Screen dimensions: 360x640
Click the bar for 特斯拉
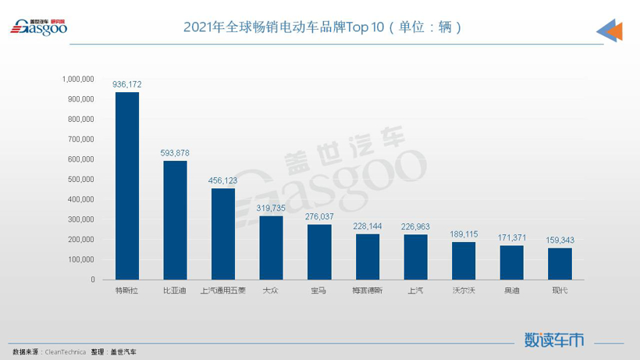click(x=126, y=186)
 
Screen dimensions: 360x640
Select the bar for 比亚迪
click(x=175, y=220)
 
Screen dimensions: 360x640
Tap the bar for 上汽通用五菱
click(x=222, y=233)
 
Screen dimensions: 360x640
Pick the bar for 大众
click(x=271, y=248)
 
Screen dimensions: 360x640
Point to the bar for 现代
click(x=560, y=263)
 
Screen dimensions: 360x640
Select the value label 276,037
click(x=319, y=216)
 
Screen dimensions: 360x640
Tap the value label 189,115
click(x=464, y=233)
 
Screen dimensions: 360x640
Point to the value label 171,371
click(x=512, y=236)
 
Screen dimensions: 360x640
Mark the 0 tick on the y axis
click(x=92, y=279)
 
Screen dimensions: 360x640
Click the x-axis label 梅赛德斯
click(x=367, y=291)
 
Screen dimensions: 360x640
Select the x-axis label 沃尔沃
click(x=464, y=291)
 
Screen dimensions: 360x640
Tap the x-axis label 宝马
click(x=318, y=291)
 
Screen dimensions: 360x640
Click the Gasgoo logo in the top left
click(x=38, y=27)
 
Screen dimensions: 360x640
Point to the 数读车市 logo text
click(x=554, y=340)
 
